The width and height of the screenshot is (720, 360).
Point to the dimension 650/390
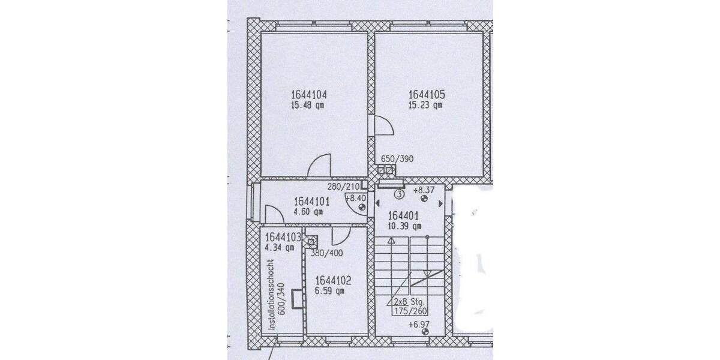397,159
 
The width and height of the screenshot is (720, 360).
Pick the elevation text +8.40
355,197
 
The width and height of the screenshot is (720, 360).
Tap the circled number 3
399,194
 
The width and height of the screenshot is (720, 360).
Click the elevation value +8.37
424,190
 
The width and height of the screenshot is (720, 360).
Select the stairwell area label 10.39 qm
405,226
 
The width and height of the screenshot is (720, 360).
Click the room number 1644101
311,201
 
